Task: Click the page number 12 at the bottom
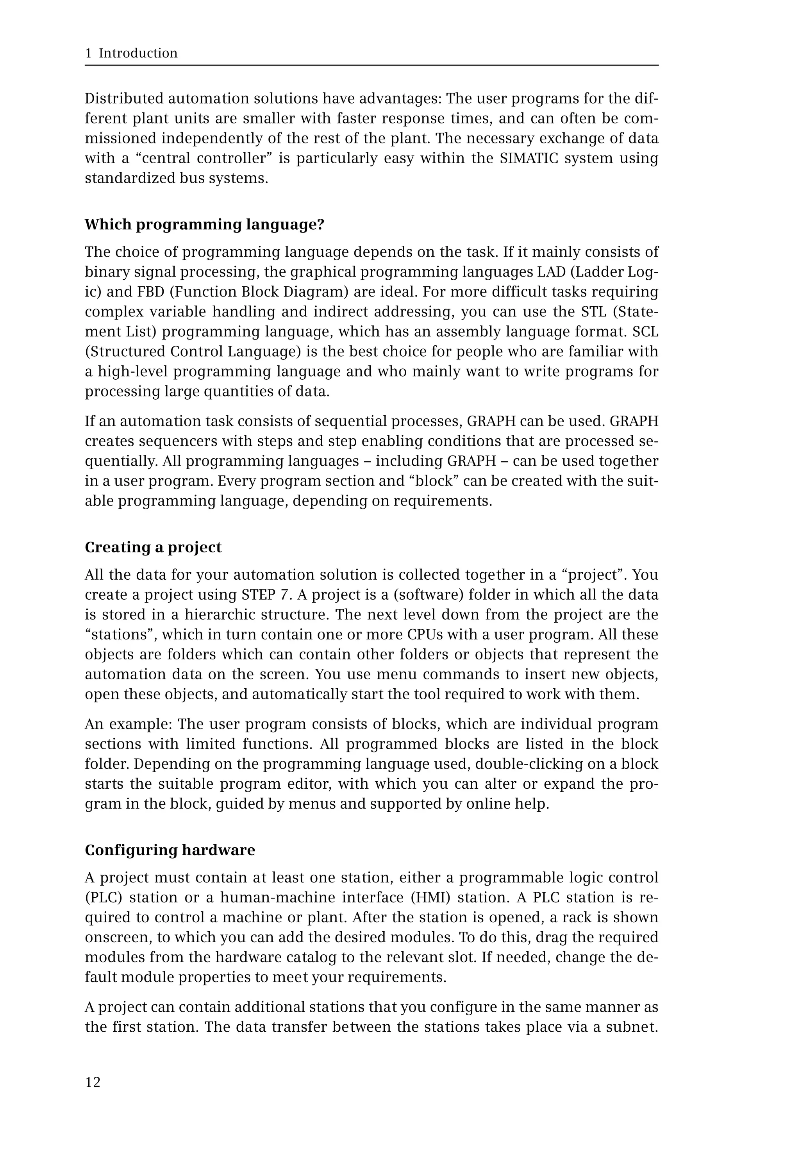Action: point(93,1082)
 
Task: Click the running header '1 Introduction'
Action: point(131,53)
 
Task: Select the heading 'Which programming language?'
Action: point(205,225)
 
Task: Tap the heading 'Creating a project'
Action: point(153,547)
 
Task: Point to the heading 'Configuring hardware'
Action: point(170,850)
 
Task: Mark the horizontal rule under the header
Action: point(371,65)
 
